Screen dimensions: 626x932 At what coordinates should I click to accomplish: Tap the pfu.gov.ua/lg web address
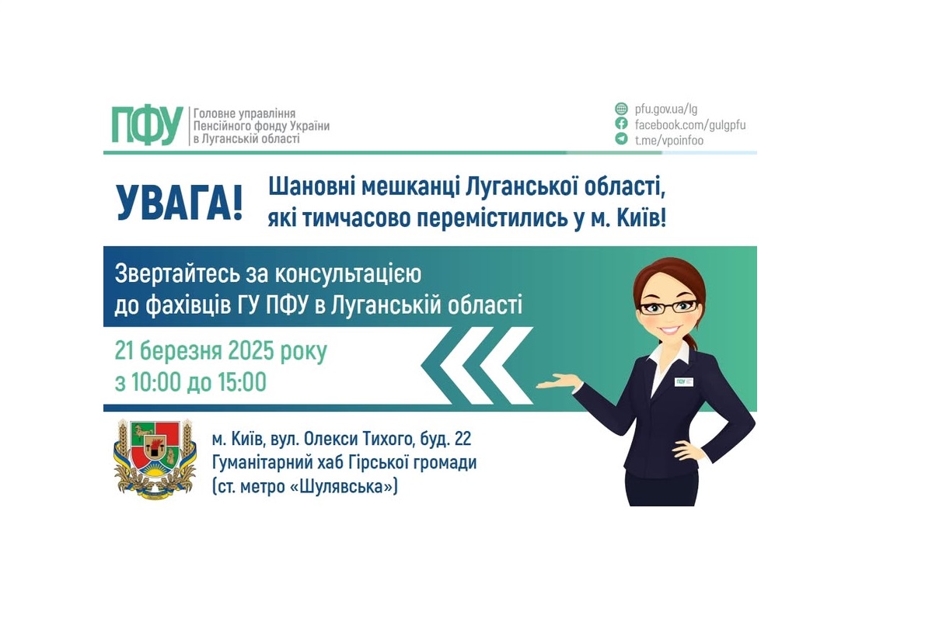point(666,109)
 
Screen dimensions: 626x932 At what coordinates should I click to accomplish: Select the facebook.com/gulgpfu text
point(690,124)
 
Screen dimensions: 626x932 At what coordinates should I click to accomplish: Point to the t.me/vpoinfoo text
point(668,140)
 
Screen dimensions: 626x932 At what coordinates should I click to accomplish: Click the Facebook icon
point(621,124)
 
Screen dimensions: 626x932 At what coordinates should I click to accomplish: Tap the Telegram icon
point(621,139)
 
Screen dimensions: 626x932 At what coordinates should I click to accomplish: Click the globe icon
point(621,109)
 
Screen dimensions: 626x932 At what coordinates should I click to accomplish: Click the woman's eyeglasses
point(667,306)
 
